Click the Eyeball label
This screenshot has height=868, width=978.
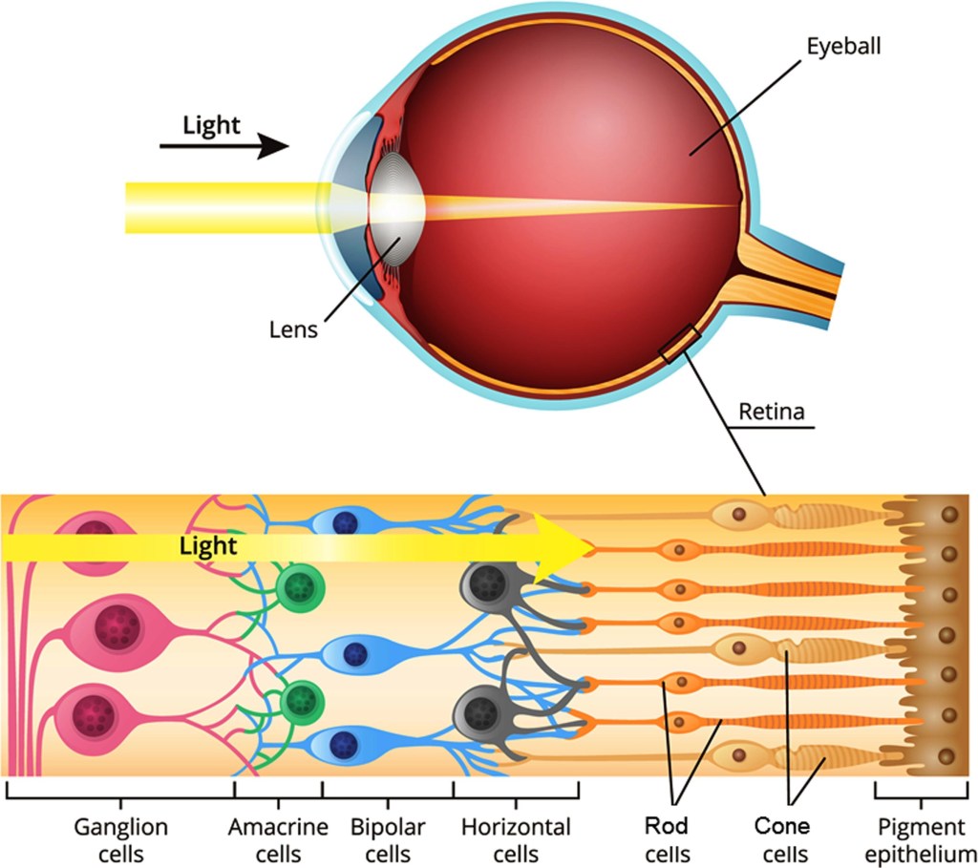[842, 46]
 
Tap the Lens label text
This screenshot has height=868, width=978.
[293, 330]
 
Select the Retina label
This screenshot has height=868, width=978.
[772, 413]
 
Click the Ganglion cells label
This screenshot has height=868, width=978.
[120, 838]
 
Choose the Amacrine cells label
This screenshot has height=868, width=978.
[278, 838]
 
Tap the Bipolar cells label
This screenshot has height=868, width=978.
[388, 838]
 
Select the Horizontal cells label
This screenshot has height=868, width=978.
[516, 838]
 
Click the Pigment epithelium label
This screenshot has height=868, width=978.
[922, 838]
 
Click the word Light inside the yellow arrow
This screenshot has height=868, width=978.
[208, 546]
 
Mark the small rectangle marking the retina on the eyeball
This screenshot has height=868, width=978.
[680, 345]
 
